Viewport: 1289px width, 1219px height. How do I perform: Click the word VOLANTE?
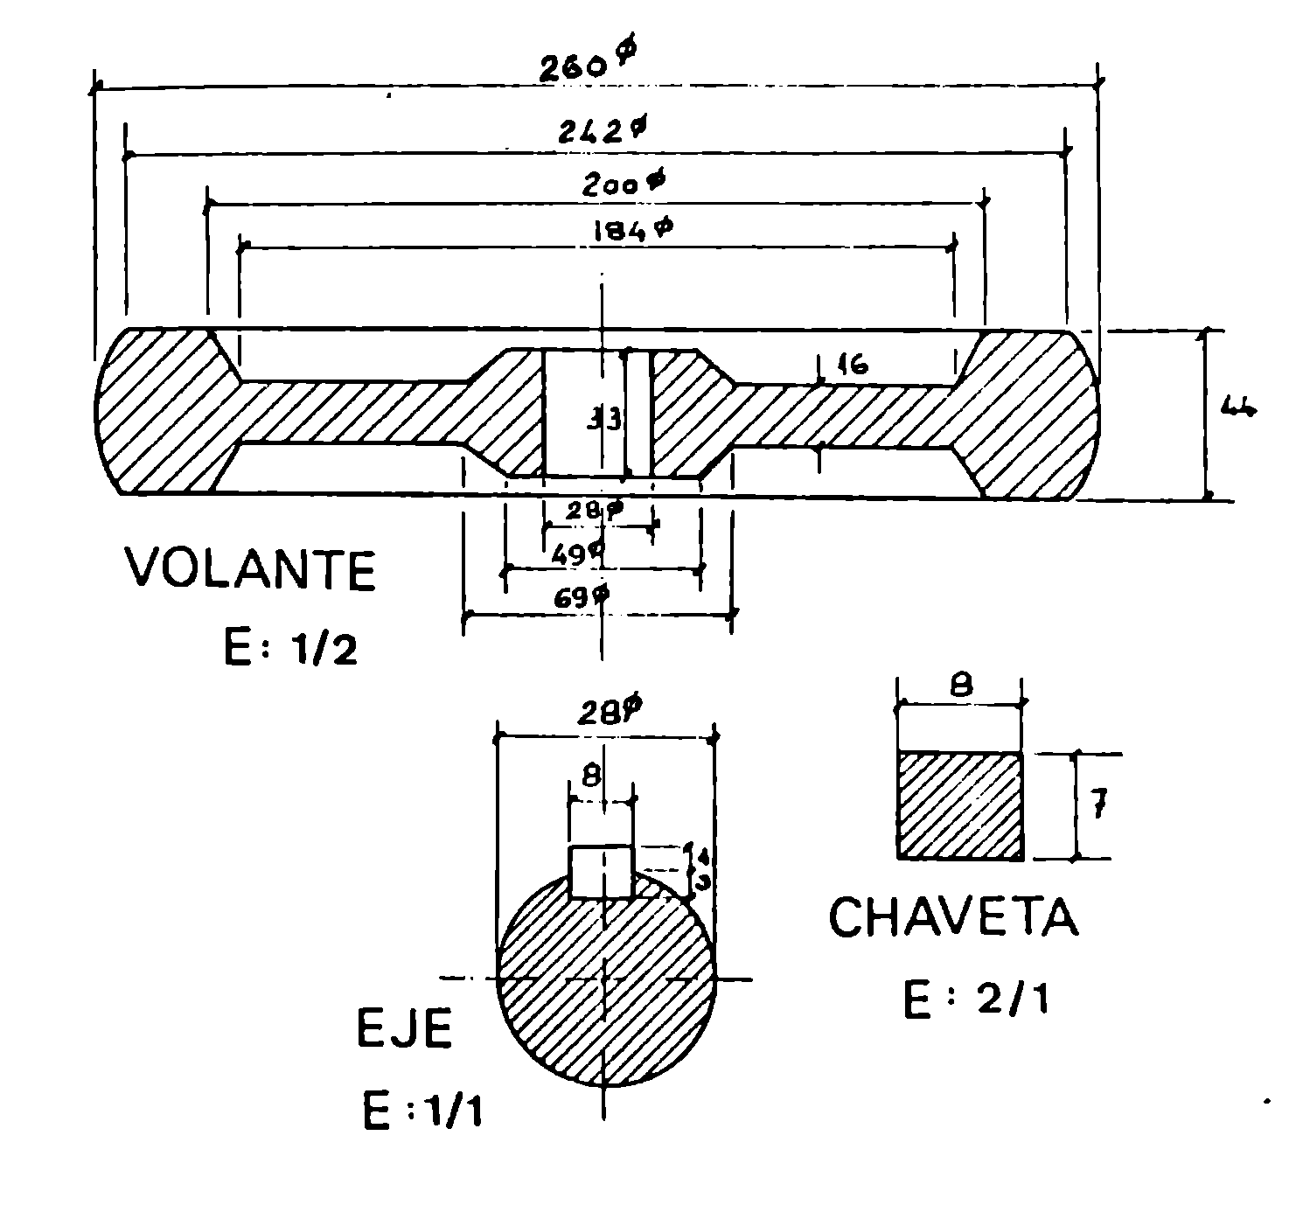pos(251,569)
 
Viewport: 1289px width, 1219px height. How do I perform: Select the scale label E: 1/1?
pos(422,1112)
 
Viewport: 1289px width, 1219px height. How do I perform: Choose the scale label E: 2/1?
pos(975,1000)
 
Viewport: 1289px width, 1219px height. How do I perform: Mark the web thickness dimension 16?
pos(852,366)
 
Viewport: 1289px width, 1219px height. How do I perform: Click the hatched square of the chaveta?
pos(960,805)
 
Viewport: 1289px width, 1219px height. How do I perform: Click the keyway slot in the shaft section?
pos(601,871)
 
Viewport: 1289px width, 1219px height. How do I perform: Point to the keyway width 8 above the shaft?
pos(592,775)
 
